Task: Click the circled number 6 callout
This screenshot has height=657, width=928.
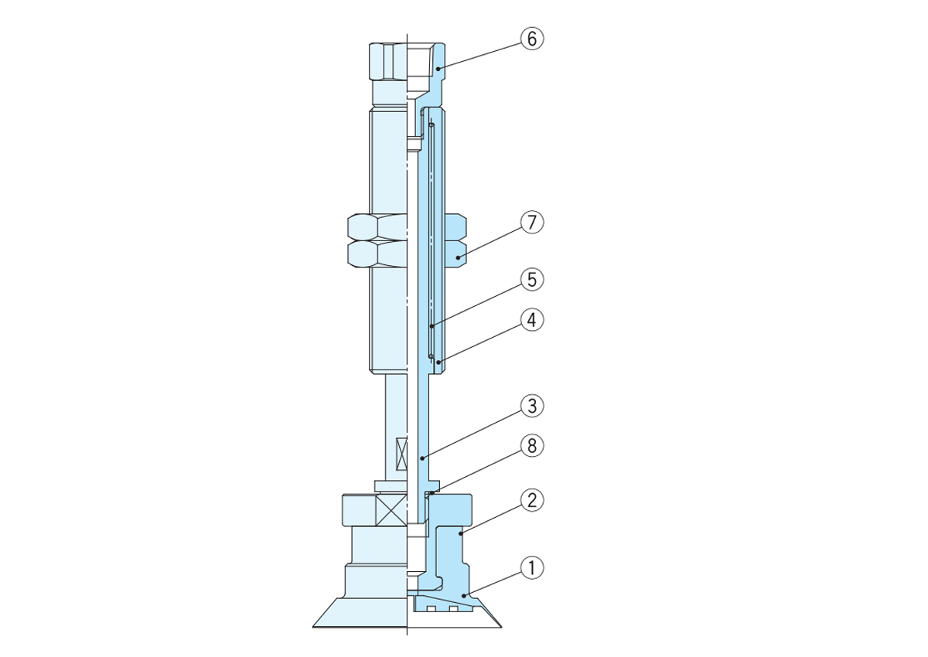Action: click(x=531, y=39)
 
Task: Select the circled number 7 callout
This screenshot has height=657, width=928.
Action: click(x=531, y=223)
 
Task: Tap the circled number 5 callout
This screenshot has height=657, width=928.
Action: click(x=531, y=280)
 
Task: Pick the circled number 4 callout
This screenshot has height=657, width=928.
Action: click(x=531, y=320)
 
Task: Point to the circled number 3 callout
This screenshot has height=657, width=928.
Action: click(x=531, y=406)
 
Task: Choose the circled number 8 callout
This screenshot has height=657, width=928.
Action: click(x=531, y=446)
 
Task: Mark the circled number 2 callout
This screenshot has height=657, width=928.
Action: click(x=531, y=500)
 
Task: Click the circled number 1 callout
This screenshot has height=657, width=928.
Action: click(x=531, y=568)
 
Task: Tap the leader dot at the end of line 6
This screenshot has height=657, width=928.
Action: click(x=438, y=69)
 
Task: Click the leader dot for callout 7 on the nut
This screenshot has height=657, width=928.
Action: click(x=458, y=258)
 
